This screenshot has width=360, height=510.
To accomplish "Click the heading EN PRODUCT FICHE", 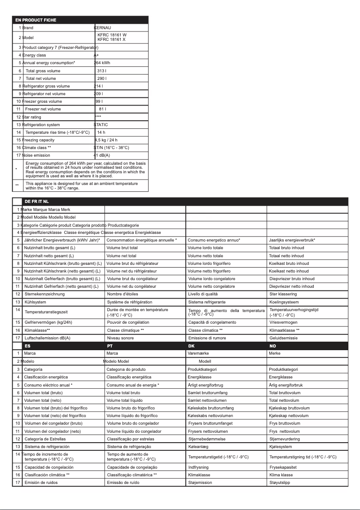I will pos(36,20).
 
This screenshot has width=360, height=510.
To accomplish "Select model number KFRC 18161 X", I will pos(112,40).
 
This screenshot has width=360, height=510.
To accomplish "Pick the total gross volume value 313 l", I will pos(102,71).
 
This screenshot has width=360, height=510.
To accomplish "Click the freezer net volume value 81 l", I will pos(102,109).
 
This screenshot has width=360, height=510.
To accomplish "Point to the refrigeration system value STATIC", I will pos(101,125).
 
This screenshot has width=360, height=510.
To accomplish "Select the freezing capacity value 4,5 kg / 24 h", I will pos(106,140).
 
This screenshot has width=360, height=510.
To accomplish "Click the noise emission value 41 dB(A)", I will pos(102,155).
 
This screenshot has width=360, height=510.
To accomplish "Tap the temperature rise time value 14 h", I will pos(101,132).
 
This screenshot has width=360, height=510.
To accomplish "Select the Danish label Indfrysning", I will pos(199,467).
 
